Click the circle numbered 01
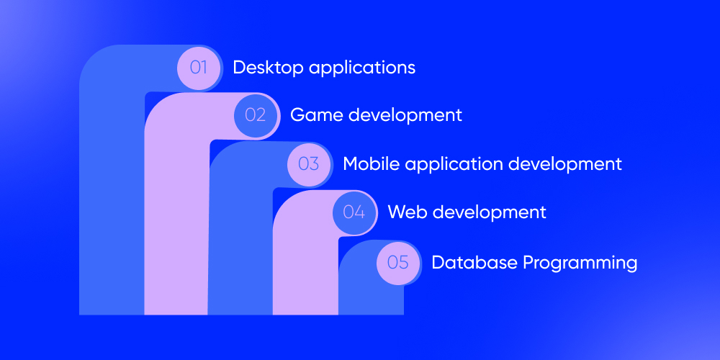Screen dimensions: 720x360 coord(199,68)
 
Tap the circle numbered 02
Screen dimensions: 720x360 coord(256,114)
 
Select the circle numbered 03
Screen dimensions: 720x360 coord(309,164)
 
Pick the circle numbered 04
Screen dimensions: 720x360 coord(354,212)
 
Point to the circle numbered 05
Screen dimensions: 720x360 coord(398,263)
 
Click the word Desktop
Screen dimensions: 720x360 coord(268,68)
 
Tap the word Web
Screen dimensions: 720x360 coord(408,212)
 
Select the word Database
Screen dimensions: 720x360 coord(474,263)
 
